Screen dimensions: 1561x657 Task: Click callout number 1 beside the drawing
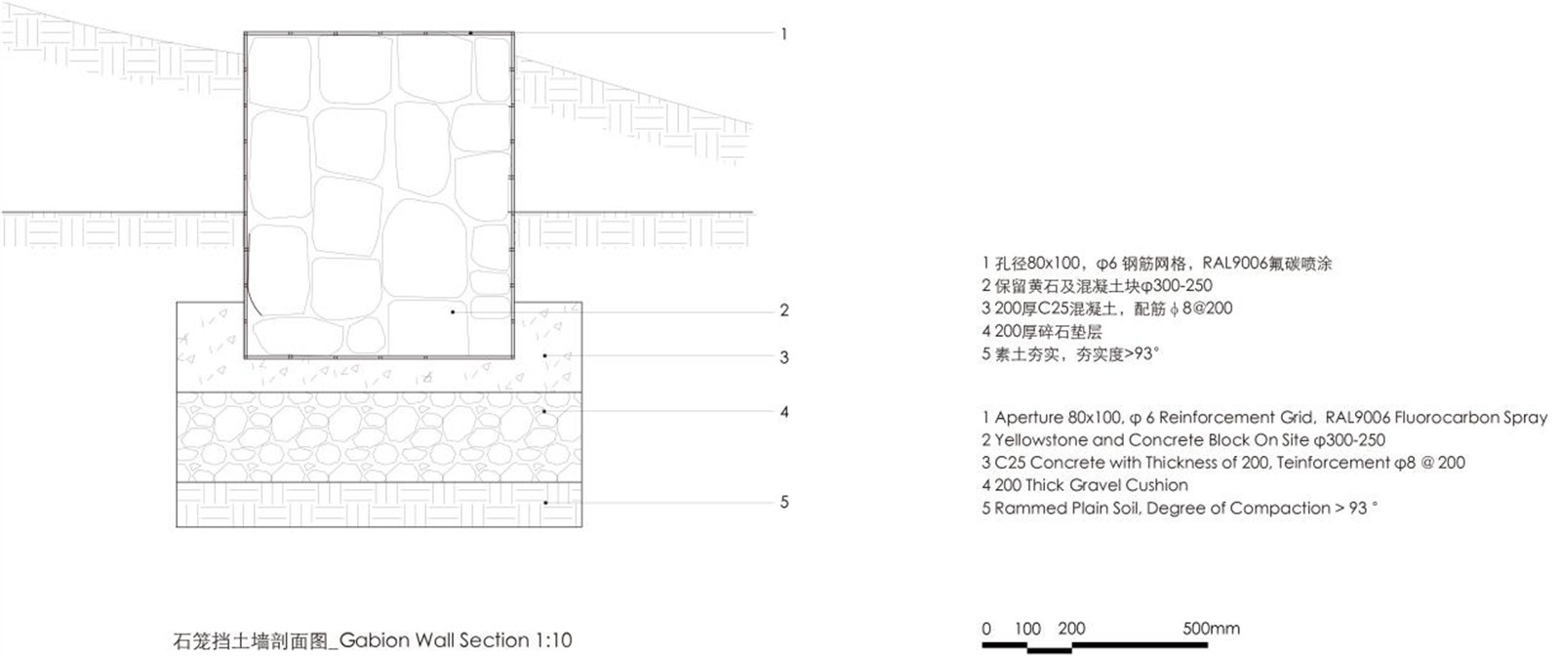[784, 34]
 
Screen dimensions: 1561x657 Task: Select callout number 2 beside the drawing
[784, 310]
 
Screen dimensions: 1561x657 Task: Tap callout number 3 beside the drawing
[784, 358]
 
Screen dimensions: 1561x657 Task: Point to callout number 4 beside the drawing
[784, 412]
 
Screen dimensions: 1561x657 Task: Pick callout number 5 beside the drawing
[784, 502]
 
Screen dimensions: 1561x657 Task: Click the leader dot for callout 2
[453, 311]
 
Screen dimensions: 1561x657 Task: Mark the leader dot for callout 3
[545, 355]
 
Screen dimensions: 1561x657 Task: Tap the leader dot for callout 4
[545, 412]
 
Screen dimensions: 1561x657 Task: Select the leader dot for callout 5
[545, 502]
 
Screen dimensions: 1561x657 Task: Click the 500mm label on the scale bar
[1211, 629]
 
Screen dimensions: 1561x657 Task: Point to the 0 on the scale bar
[986, 629]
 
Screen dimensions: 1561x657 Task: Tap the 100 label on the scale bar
[1027, 629]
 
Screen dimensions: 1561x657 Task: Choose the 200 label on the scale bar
[1071, 629]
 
